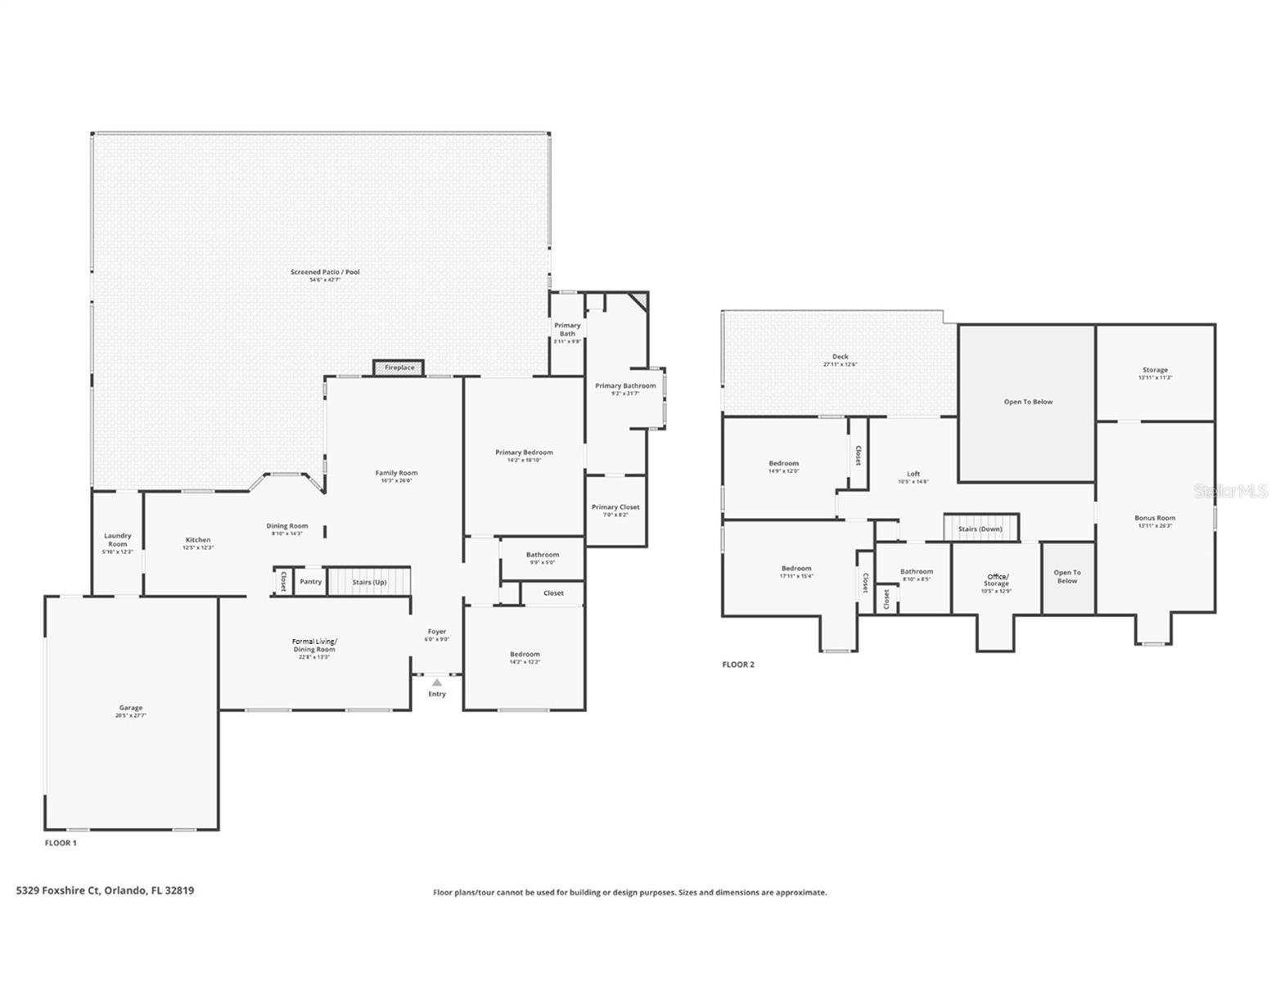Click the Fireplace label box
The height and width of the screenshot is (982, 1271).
click(399, 368)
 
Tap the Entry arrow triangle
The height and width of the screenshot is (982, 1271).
click(437, 682)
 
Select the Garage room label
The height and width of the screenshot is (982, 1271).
click(131, 709)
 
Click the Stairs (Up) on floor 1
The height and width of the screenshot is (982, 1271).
click(369, 582)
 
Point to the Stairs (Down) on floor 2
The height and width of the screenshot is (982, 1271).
click(980, 529)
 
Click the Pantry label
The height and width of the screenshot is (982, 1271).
click(310, 582)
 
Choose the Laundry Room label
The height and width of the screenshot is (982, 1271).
click(118, 540)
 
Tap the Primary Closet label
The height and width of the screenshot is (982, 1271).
click(615, 507)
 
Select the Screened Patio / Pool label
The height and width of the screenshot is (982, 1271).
click(325, 273)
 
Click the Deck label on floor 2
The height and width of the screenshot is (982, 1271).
click(840, 357)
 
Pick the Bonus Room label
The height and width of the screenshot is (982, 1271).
click(1155, 518)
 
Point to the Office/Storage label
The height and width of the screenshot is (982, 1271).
click(996, 580)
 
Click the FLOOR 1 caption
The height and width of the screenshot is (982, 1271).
click(61, 843)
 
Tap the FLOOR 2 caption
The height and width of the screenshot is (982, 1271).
click(738, 664)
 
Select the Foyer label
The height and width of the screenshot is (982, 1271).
click(437, 632)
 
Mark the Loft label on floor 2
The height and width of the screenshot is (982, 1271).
click(913, 474)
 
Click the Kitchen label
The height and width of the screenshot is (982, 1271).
click(198, 540)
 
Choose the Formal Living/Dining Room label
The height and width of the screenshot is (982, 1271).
click(315, 646)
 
